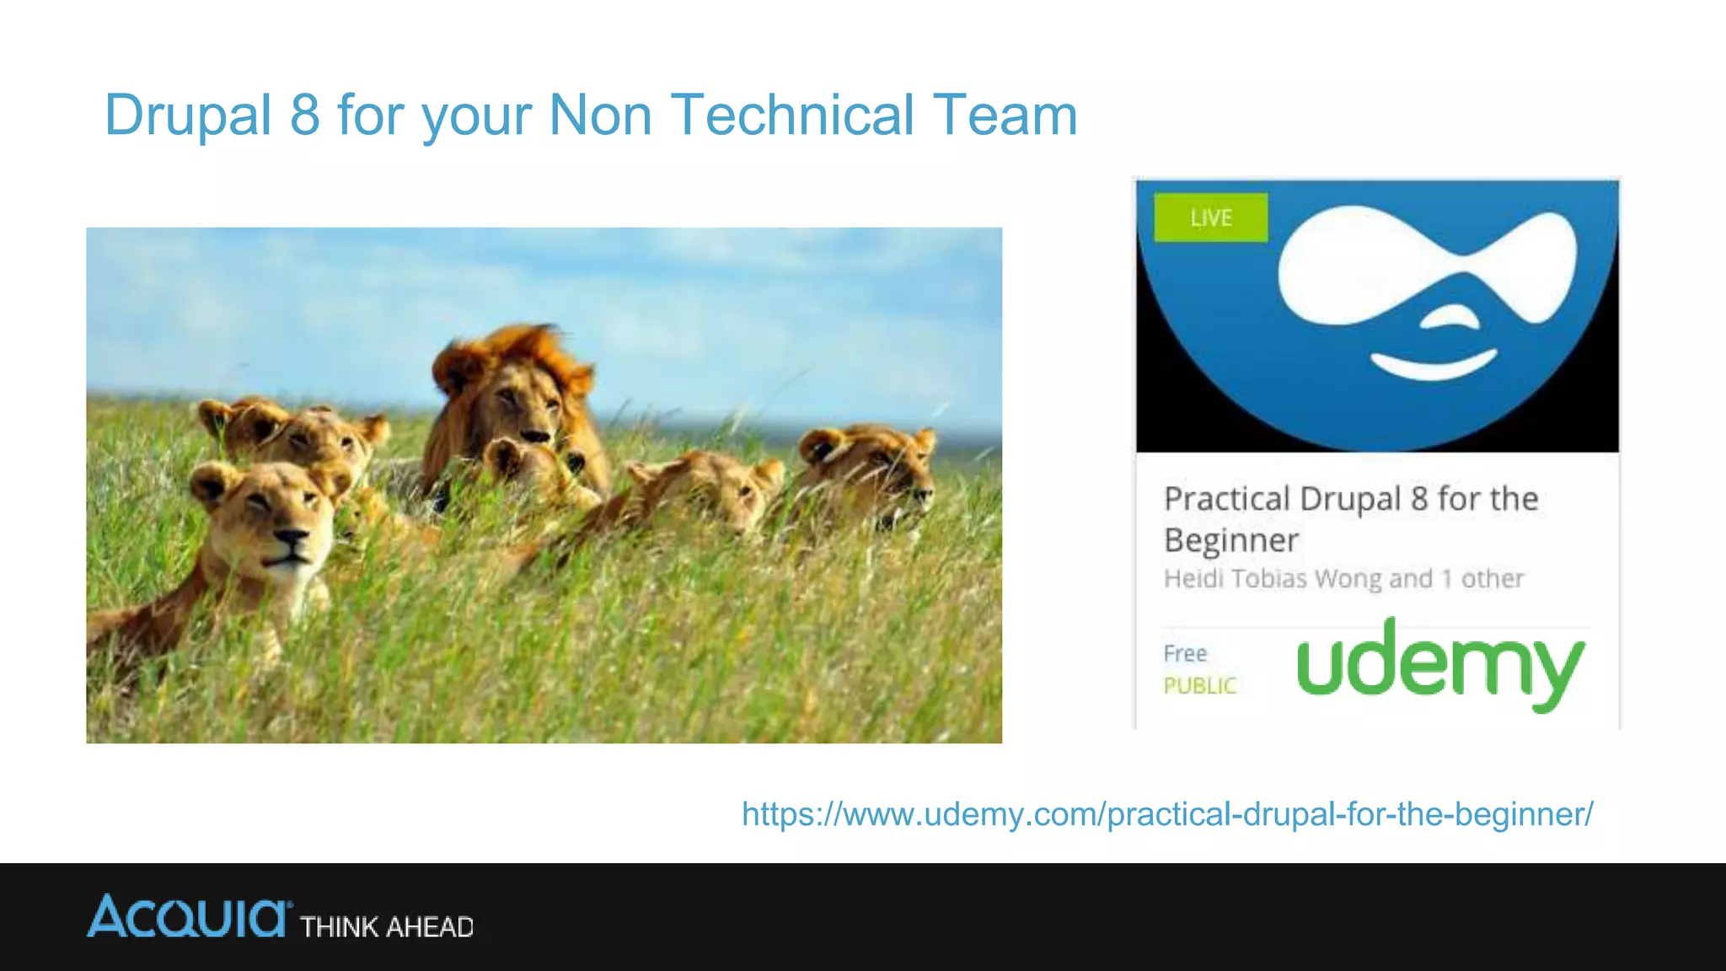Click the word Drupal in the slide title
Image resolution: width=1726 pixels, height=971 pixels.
point(187,115)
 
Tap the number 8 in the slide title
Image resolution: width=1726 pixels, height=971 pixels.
point(305,115)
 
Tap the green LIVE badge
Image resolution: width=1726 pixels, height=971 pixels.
point(1210,218)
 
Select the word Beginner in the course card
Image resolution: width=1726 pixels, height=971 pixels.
point(1231,540)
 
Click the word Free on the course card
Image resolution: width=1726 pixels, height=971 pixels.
point(1185,653)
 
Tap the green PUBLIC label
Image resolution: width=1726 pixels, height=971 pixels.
point(1199,686)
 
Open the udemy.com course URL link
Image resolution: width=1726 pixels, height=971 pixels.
point(1166,814)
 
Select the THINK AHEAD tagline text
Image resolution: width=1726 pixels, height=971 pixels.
point(387,927)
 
